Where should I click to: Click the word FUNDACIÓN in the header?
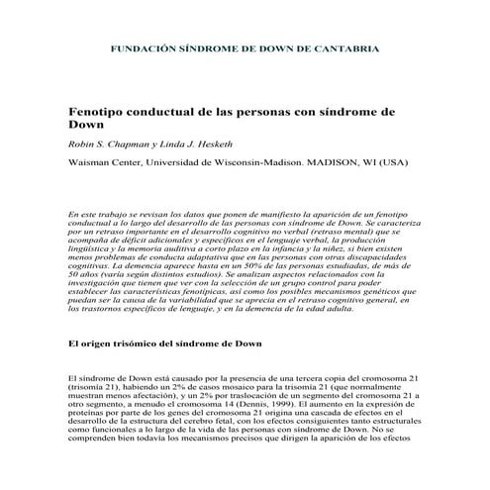coord(138,48)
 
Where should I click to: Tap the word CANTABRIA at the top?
coord(347,48)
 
